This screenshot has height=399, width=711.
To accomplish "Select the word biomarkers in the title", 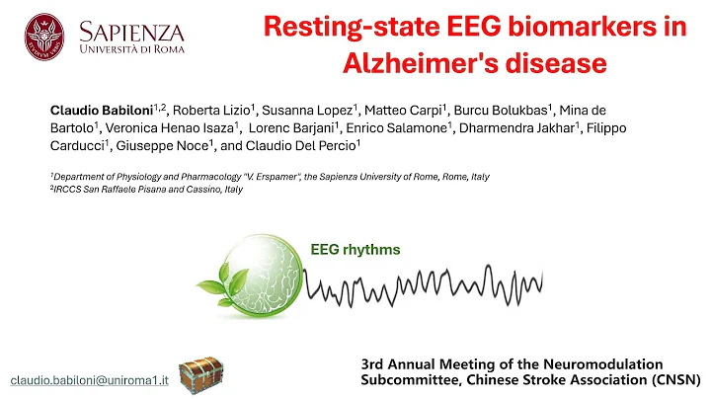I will (x=565, y=27).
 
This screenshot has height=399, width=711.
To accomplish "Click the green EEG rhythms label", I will (x=355, y=250).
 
